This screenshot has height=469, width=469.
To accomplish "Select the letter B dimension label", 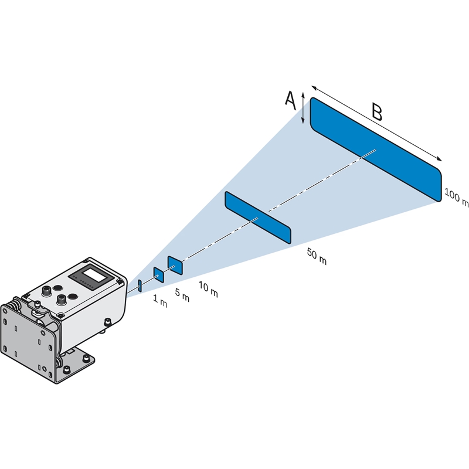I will coord(376,111).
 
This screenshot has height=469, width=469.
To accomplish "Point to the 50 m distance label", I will coord(317,256).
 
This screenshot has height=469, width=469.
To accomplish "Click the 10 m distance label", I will coord(208,289).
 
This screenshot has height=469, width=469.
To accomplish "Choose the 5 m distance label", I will coord(182,296).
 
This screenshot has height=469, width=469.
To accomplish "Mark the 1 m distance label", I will coord(160,303).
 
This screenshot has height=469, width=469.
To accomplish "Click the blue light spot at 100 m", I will coord(375,149).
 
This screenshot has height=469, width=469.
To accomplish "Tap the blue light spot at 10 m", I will coord(175,265).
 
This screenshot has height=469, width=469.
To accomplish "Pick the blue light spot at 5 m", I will coord(158,274).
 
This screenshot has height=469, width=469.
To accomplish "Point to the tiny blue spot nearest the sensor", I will coord(140,286).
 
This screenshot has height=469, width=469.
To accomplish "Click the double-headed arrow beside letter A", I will coord(303,107).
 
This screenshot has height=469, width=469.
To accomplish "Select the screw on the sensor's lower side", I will coord(107,321).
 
